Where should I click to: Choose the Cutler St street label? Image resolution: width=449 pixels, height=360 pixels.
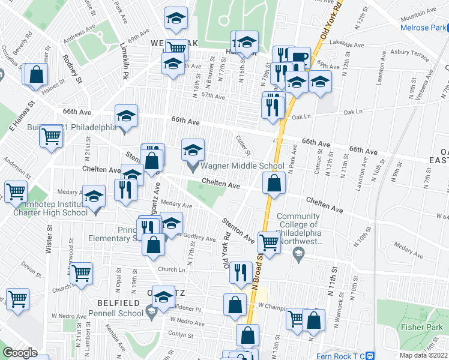243,145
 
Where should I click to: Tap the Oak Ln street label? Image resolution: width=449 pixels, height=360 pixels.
352,112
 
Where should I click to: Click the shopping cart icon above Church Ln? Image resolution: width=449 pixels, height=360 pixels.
81,273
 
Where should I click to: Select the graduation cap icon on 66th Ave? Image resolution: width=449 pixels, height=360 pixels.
127,115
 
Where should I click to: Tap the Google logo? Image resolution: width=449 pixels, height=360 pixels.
20,353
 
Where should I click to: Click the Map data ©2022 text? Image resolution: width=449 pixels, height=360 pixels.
424,355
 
